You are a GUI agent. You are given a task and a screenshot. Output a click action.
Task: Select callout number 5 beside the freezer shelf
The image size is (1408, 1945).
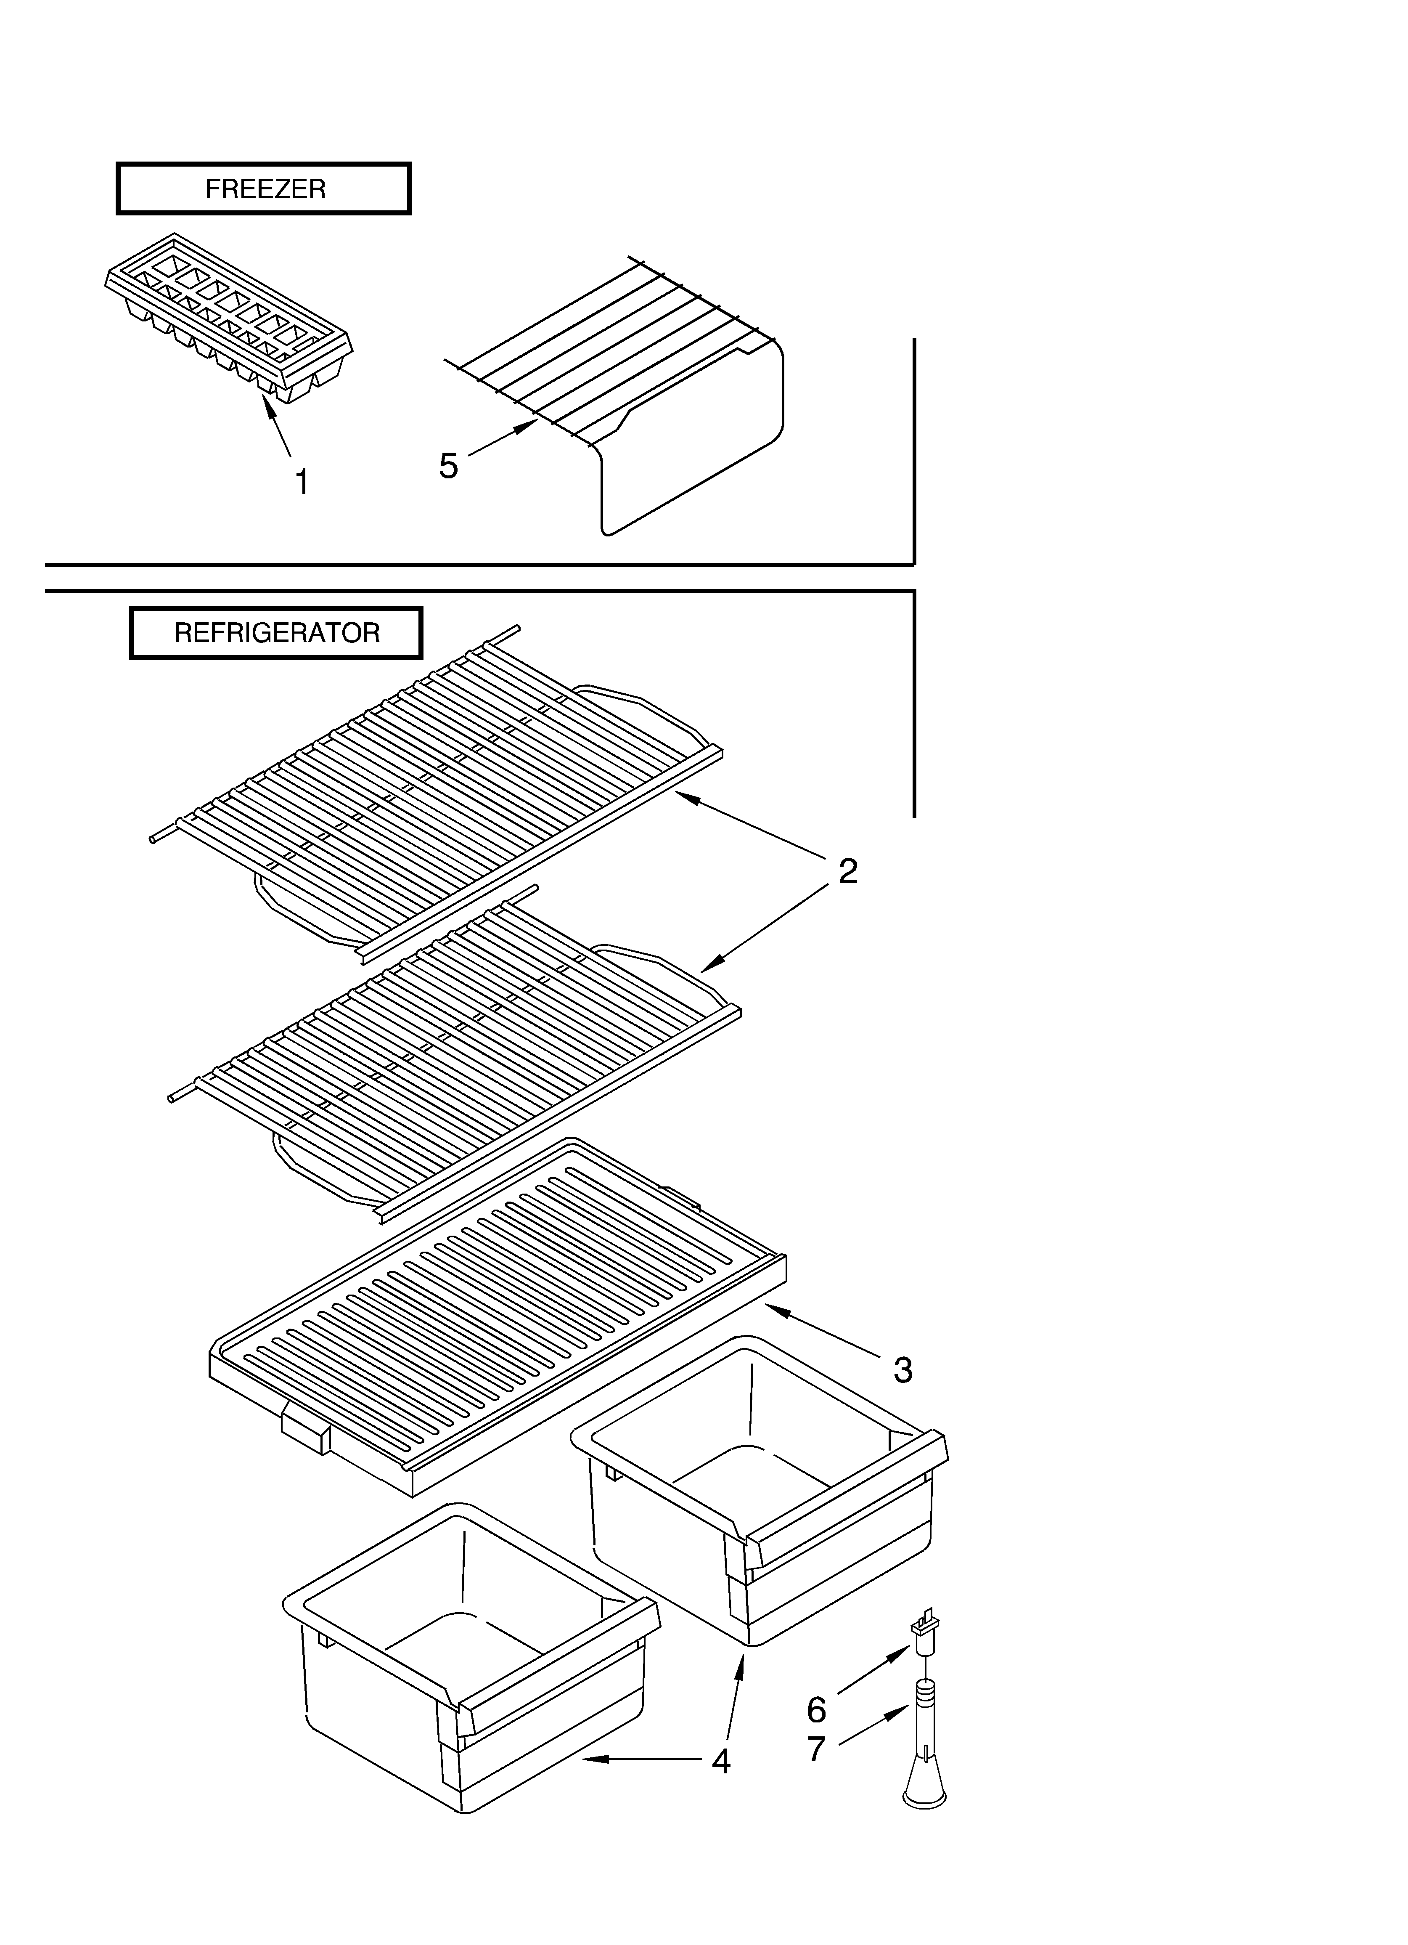click(448, 466)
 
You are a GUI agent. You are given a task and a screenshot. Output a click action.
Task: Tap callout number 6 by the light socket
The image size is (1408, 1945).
click(816, 1710)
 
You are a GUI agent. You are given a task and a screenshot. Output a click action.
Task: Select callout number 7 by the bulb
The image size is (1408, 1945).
click(816, 1749)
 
